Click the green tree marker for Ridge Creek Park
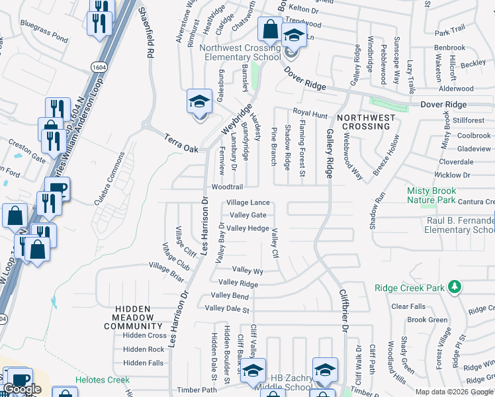(454, 287)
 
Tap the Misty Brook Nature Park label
(440, 195)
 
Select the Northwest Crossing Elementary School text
(243, 52)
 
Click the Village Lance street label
(248, 202)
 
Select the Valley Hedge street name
(247, 228)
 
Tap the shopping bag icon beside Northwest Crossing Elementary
(270, 30)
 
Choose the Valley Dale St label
(227, 309)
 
